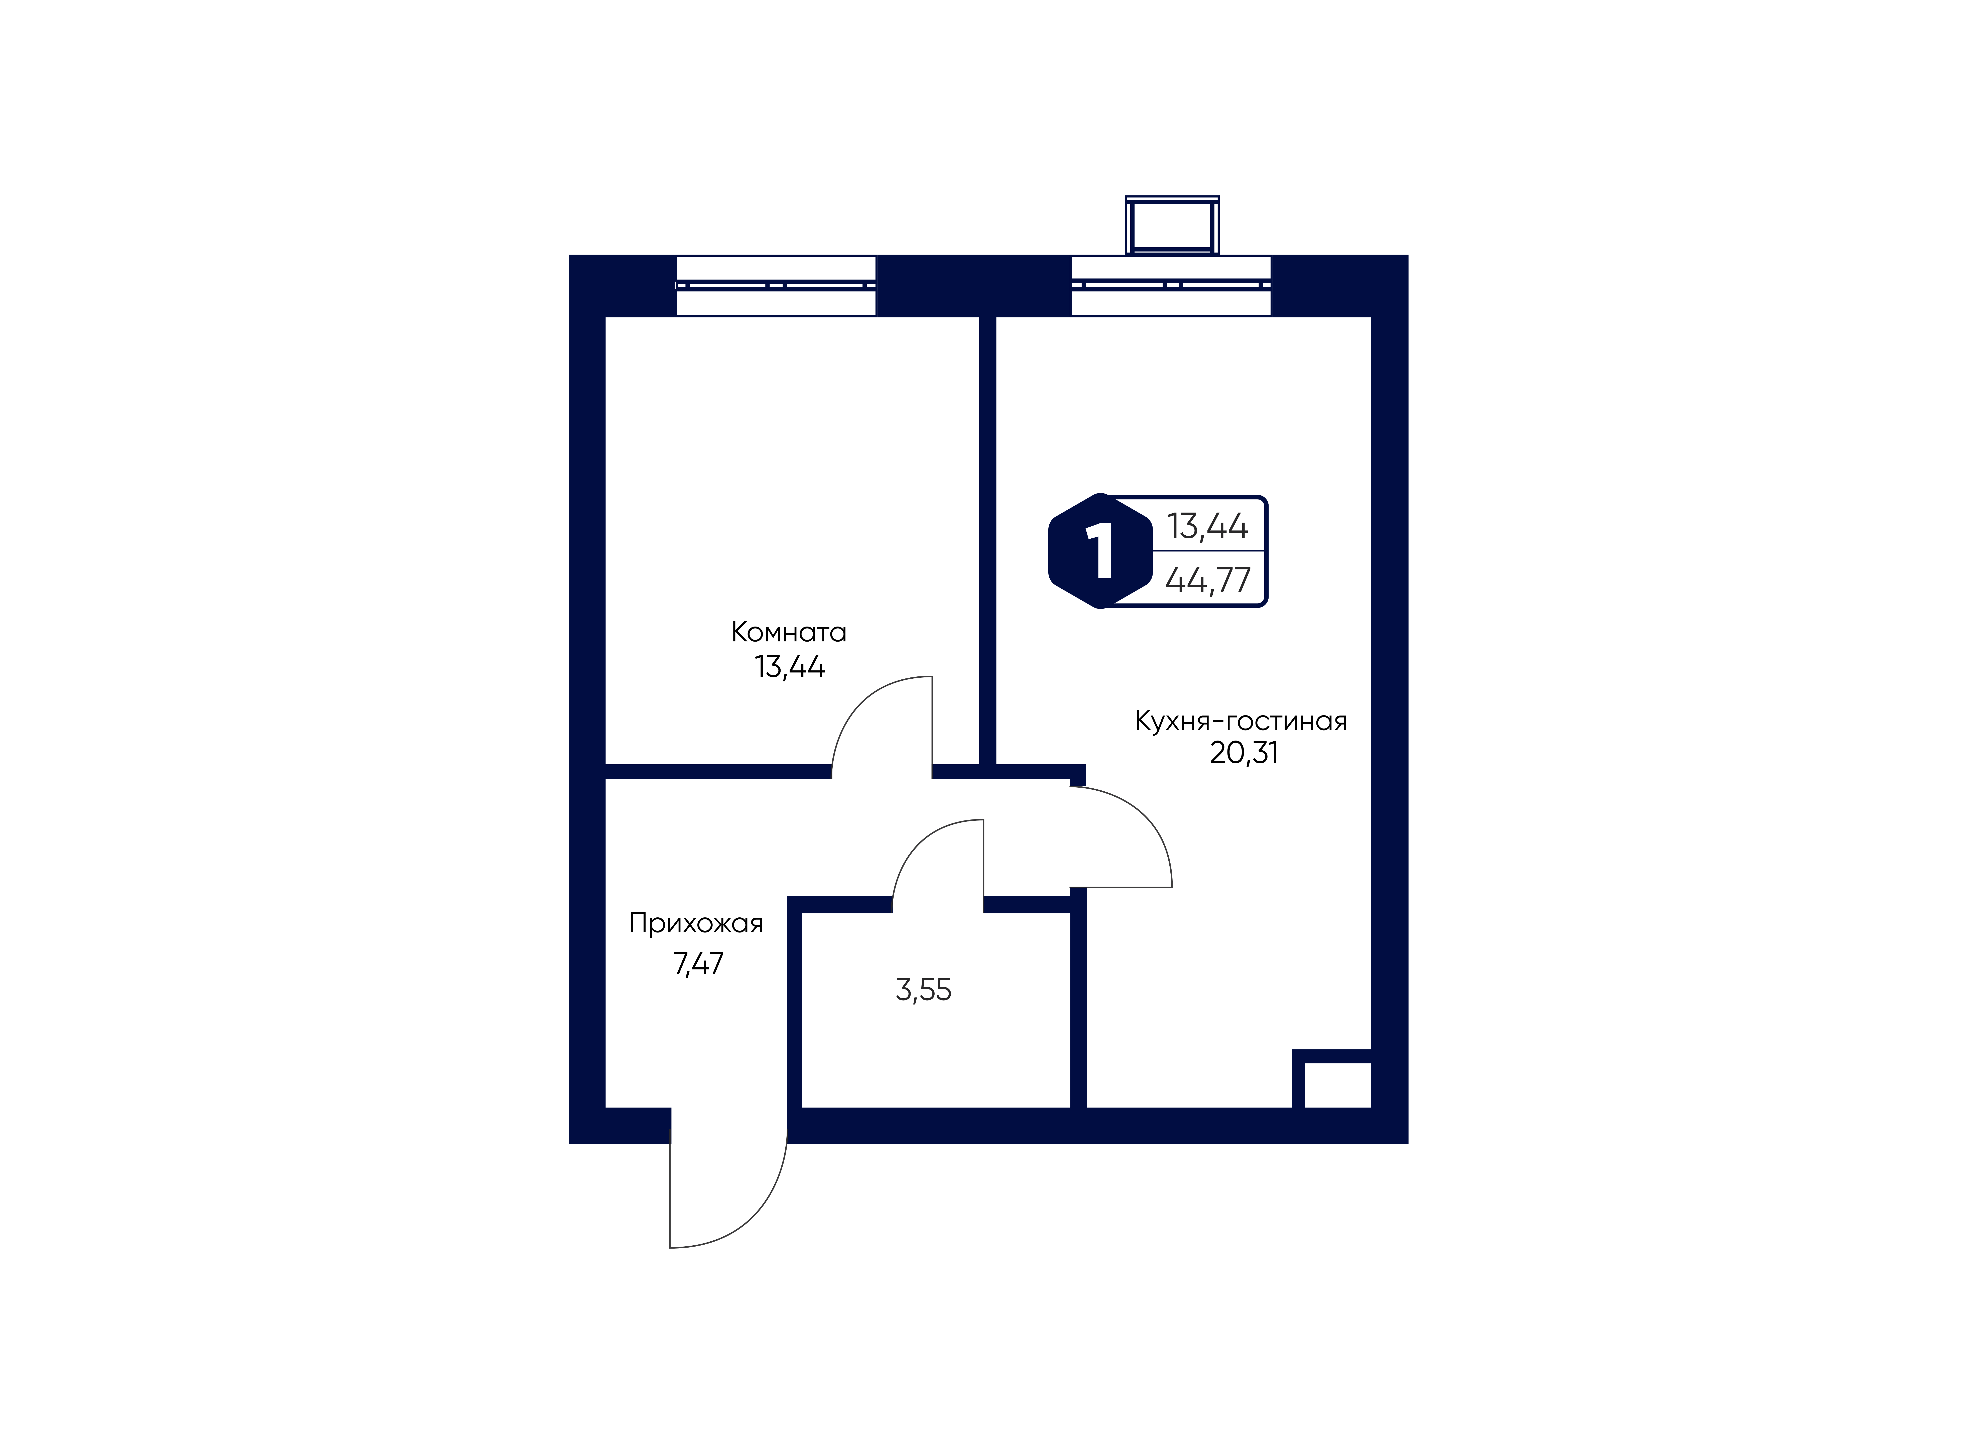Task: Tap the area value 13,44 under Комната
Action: point(789,667)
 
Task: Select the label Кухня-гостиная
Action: point(1241,722)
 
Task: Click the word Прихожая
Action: point(696,924)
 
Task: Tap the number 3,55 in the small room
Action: point(923,990)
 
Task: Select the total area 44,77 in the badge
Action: point(1209,579)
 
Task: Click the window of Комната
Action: point(776,286)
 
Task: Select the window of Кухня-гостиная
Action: point(1171,286)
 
